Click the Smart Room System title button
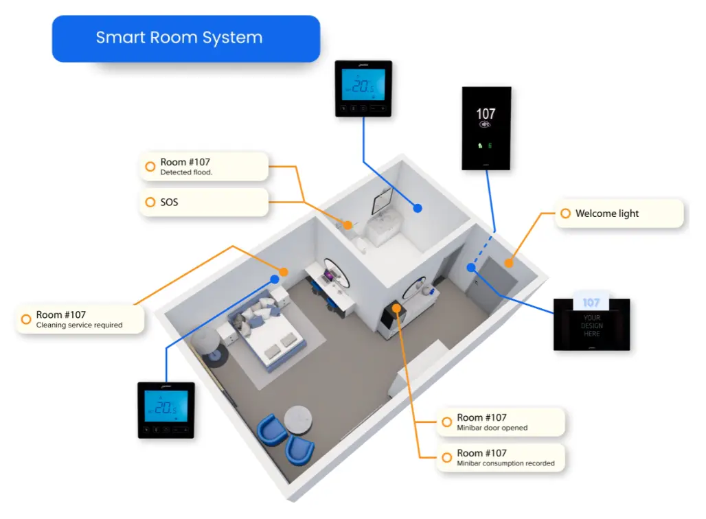[x=186, y=38]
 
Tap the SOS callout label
[x=204, y=203]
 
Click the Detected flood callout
[x=204, y=167]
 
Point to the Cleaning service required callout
[x=80, y=319]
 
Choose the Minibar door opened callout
[x=501, y=422]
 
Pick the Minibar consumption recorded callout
[x=501, y=458]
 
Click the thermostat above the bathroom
[x=363, y=89]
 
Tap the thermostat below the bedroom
[x=166, y=410]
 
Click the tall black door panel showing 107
[x=486, y=128]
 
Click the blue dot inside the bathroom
[x=417, y=208]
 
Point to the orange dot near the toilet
[x=348, y=224]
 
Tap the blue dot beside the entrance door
[x=471, y=268]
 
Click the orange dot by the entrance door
[x=509, y=262]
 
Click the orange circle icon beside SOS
[x=150, y=203]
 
